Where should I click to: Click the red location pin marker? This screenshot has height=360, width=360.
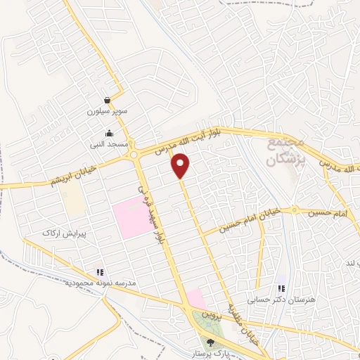(x=181, y=166)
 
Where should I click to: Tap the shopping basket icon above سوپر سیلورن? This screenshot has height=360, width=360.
(x=107, y=100)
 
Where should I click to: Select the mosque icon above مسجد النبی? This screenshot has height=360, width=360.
(x=109, y=133)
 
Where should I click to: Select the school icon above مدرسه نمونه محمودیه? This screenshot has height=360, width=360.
(x=100, y=271)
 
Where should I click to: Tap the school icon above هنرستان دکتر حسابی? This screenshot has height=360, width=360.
(x=282, y=288)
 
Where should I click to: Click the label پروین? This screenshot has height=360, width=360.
(x=212, y=316)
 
